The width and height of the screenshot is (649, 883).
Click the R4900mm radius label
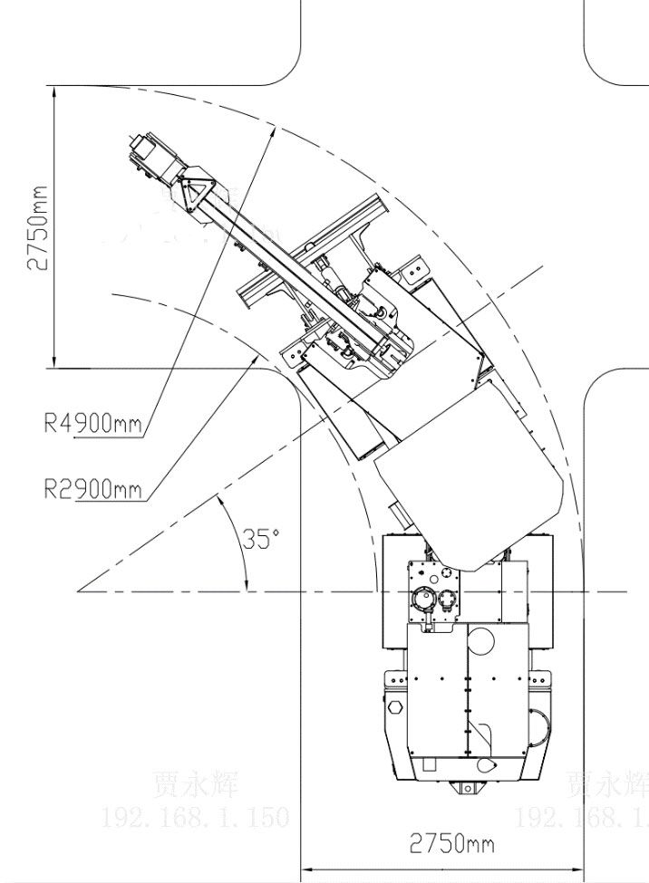92,422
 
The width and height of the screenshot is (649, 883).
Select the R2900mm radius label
92,489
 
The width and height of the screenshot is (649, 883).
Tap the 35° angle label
261,539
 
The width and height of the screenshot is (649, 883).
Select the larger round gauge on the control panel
423,599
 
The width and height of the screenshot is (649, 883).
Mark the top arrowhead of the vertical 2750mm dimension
55,91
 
